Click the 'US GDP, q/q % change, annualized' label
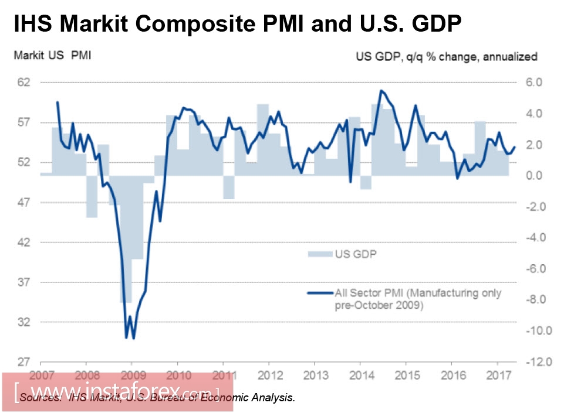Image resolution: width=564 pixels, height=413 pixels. pyautogui.click(x=446, y=57)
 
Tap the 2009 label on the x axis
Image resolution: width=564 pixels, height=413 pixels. pyautogui.click(x=133, y=374)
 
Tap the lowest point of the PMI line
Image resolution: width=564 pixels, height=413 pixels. pyautogui.click(x=133, y=338)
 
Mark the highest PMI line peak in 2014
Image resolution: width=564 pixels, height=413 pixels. pyautogui.click(x=381, y=91)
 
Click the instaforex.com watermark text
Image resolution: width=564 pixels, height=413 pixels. pyautogui.click(x=117, y=390)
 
